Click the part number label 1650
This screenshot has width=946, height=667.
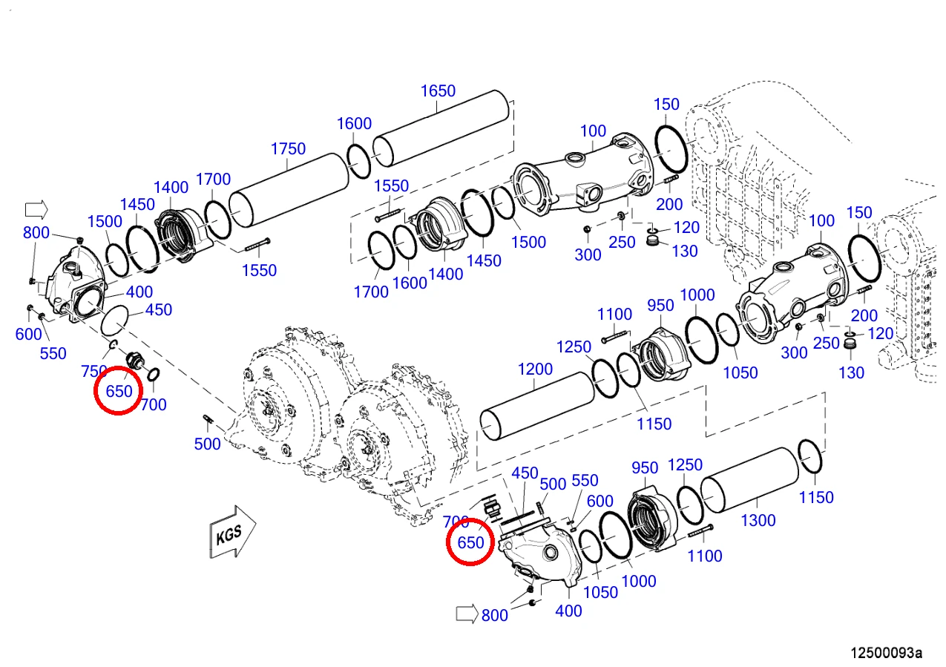point(438,91)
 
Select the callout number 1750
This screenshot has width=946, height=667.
point(288,148)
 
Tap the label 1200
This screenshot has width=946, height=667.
point(535,369)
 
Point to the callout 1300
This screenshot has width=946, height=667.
point(758,520)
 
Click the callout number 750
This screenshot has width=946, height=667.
point(93,371)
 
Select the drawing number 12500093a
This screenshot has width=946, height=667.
point(886,653)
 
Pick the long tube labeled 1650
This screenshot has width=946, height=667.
point(441,128)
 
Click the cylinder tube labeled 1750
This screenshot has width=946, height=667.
point(289,190)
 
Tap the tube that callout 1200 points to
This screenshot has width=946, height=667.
point(537,406)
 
